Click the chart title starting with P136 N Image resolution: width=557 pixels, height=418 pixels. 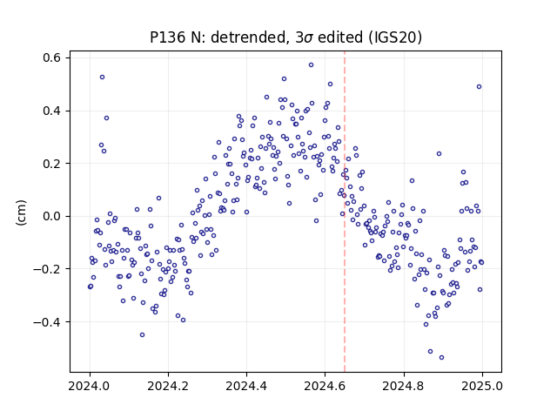pos(286,37)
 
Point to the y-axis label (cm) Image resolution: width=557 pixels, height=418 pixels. pos(21,212)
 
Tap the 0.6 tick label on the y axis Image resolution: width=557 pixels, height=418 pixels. pos(52,57)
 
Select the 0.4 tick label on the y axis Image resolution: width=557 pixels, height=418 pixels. pos(52,111)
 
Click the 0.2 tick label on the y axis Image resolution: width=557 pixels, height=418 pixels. pos(52,164)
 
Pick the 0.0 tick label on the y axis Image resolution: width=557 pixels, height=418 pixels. pos(52,216)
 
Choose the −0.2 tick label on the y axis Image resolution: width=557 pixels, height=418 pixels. pos(48,269)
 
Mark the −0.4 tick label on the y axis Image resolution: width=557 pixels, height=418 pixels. pos(48,322)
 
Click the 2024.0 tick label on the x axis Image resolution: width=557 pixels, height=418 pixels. pos(90,386)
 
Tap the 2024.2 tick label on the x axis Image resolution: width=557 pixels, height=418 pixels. pos(168,386)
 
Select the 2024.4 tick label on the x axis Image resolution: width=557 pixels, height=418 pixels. pos(246,386)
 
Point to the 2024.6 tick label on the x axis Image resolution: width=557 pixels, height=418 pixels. pos(325,386)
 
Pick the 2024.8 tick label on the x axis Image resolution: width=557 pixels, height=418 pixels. pos(404,386)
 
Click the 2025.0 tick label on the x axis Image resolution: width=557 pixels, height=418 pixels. pos(482,386)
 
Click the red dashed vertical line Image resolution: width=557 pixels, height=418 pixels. pos(345,212)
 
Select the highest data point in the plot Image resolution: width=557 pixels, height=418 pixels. pos(312,65)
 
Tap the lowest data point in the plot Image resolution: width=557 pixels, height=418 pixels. pos(441,358)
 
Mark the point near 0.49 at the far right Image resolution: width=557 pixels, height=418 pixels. pos(479,87)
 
